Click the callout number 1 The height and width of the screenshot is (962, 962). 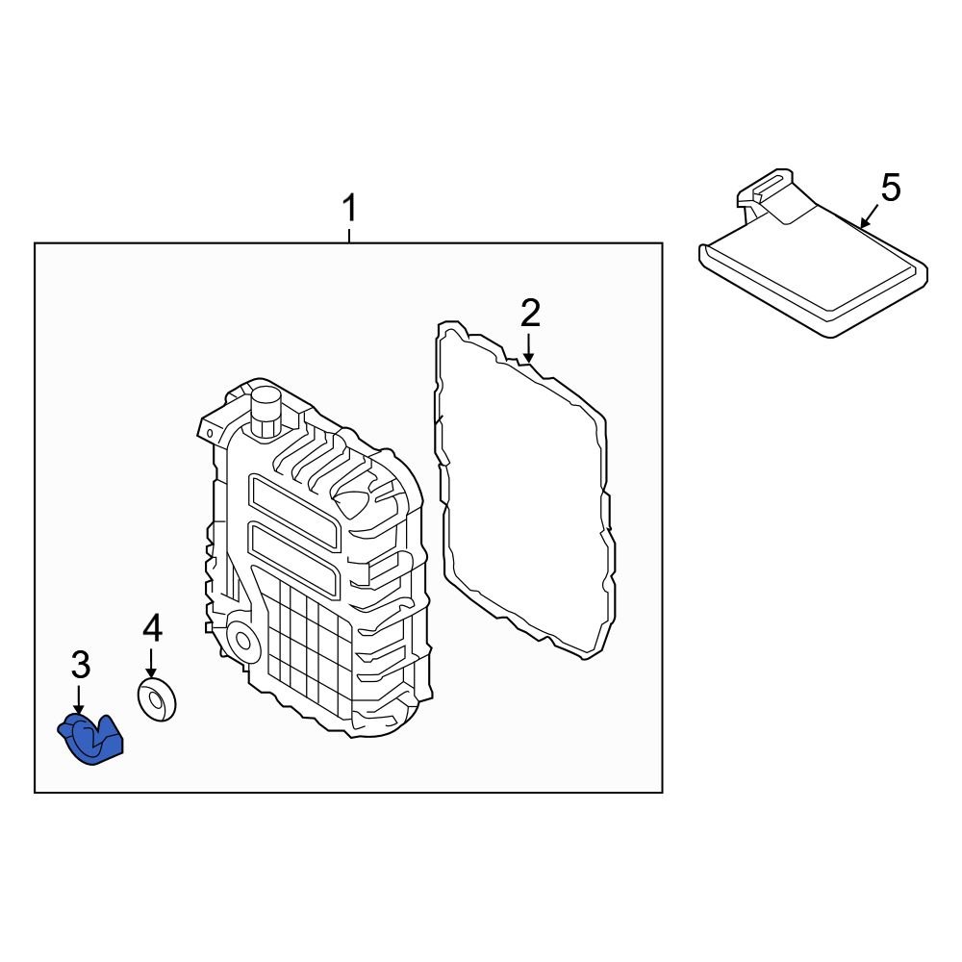tap(350, 208)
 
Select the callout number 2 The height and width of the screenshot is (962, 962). tap(530, 314)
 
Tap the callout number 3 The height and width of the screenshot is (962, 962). tap(81, 664)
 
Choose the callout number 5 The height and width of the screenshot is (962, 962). tap(891, 189)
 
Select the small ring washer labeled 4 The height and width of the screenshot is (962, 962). tap(157, 699)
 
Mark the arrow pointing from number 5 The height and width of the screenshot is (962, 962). tap(868, 219)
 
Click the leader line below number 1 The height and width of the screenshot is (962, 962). tap(350, 233)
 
